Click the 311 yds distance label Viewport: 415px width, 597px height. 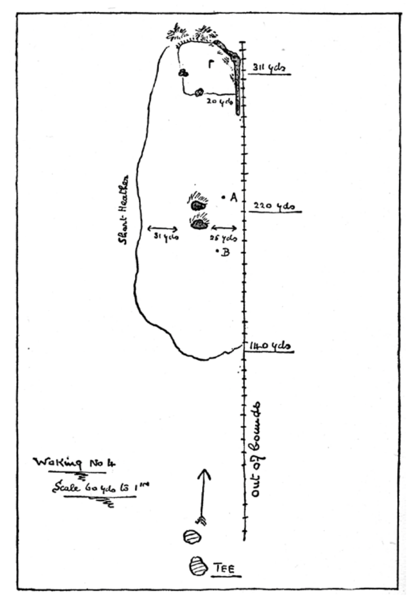click(269, 68)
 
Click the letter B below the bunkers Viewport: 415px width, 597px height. click(225, 253)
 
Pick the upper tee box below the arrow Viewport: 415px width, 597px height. click(191, 537)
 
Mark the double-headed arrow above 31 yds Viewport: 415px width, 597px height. click(163, 228)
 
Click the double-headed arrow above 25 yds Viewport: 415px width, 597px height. click(224, 227)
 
